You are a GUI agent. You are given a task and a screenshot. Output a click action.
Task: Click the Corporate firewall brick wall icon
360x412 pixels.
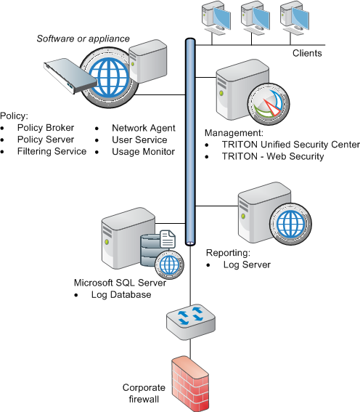click(190, 384)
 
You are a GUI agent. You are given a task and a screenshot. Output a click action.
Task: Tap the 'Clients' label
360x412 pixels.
click(307, 53)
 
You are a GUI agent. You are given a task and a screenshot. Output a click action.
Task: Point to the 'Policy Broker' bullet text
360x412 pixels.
click(46, 128)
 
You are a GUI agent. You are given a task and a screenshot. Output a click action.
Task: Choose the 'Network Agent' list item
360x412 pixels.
click(144, 128)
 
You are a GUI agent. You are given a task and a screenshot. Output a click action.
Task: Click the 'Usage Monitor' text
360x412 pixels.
click(143, 152)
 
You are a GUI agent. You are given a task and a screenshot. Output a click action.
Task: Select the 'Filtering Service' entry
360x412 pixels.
click(52, 151)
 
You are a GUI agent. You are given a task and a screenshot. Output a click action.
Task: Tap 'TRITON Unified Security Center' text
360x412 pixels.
click(291, 145)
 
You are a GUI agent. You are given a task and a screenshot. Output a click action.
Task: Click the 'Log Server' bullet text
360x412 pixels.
click(247, 264)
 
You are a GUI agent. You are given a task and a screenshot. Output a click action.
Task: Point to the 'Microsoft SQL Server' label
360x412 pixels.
click(120, 283)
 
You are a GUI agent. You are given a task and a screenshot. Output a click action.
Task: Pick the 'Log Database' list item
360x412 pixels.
click(121, 294)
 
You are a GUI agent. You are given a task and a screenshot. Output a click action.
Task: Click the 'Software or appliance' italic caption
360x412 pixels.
click(83, 39)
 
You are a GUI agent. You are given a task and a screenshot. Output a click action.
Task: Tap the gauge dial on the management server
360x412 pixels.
click(269, 104)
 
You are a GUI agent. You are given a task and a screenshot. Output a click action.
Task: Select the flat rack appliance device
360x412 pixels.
click(70, 76)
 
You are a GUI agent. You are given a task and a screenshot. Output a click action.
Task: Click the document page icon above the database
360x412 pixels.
click(168, 239)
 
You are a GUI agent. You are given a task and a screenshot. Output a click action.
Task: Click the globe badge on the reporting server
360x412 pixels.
click(291, 224)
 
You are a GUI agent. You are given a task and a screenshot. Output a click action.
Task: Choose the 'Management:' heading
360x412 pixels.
click(234, 133)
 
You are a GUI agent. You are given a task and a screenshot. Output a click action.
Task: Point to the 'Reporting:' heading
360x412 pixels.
click(228, 253)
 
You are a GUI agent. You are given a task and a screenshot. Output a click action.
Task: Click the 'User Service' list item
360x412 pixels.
click(139, 140)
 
